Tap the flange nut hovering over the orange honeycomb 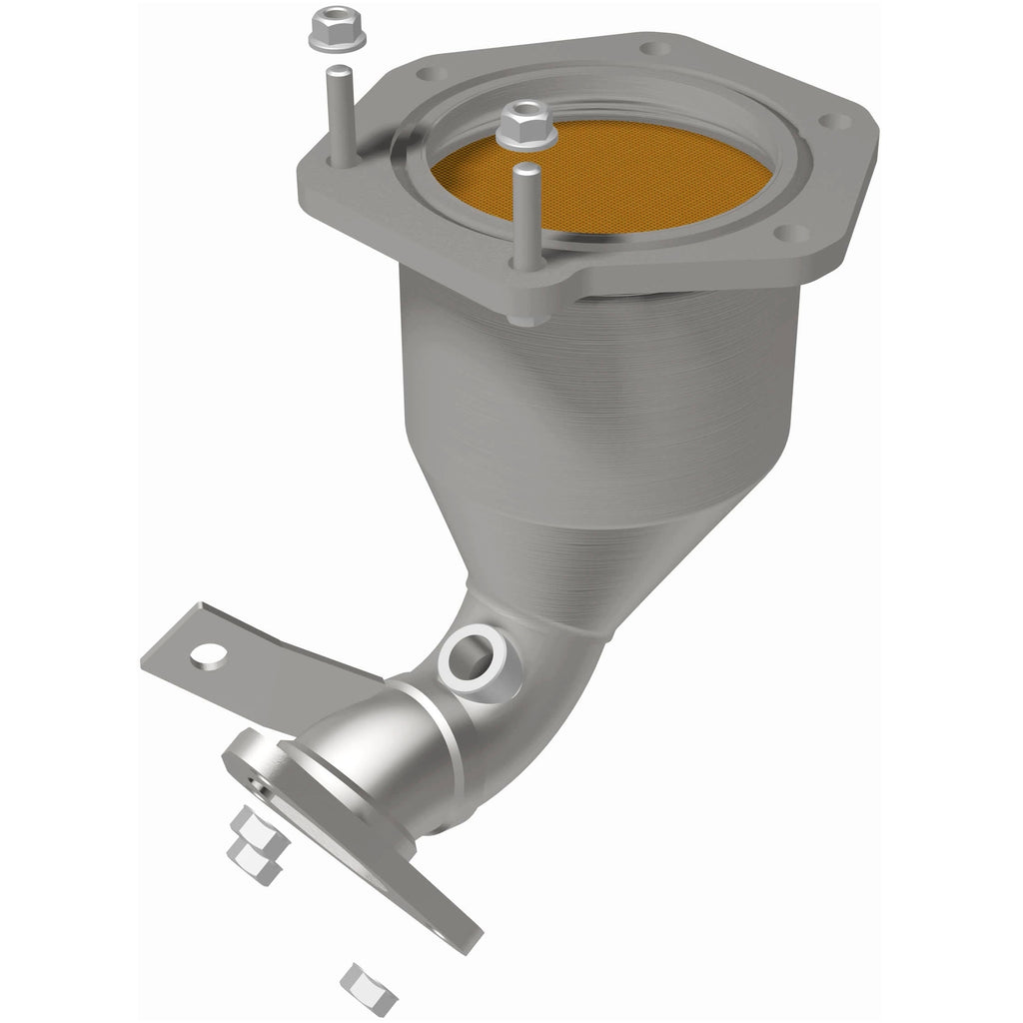click(x=522, y=123)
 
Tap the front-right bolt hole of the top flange click(x=790, y=234)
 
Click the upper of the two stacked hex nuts click(x=247, y=827)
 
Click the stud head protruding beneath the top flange click(x=522, y=314)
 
